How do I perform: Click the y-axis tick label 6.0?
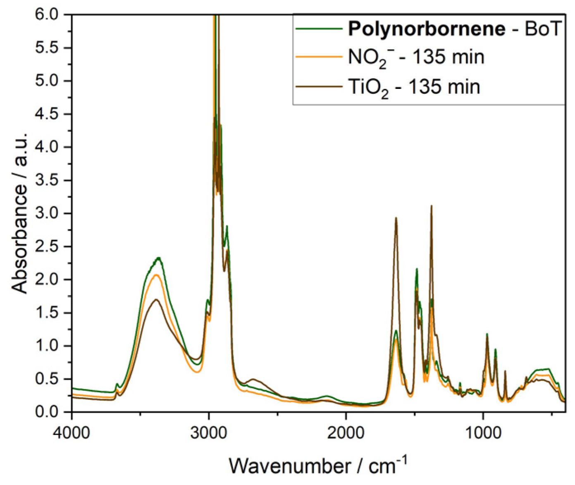click(x=47, y=14)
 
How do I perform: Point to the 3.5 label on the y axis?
click(x=47, y=180)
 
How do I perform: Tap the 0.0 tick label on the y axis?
click(x=47, y=412)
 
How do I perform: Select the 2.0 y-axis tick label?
click(x=47, y=280)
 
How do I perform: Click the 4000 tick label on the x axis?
click(x=72, y=432)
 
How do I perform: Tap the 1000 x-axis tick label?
click(x=482, y=432)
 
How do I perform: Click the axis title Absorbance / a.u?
click(x=19, y=213)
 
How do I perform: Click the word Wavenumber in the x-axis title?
click(x=289, y=466)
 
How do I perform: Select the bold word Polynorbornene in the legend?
click(x=426, y=29)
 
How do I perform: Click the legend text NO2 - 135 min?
click(x=416, y=57)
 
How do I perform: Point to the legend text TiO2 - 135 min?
click(x=414, y=87)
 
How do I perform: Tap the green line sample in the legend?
click(x=319, y=29)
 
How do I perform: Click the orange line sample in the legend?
click(x=319, y=57)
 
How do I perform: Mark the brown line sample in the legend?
click(x=319, y=87)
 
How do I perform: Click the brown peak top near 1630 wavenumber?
click(x=396, y=218)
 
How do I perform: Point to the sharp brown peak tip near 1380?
click(x=431, y=206)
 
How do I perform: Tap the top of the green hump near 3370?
click(x=158, y=258)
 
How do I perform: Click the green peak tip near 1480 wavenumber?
click(x=417, y=269)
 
